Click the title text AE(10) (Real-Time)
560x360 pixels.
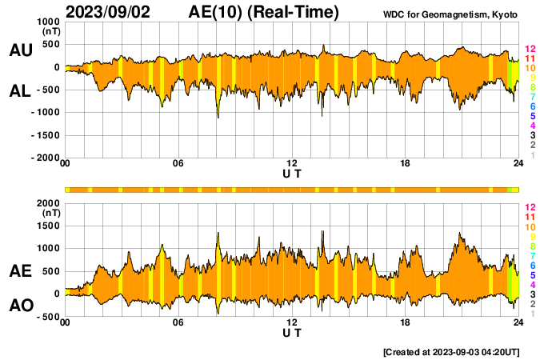(x=264, y=12)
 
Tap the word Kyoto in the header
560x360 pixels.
(x=503, y=15)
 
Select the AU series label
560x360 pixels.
(x=20, y=50)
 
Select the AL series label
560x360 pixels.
(x=20, y=91)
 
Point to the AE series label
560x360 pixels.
(x=20, y=271)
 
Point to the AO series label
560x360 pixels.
(x=20, y=306)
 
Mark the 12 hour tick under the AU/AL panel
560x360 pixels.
(x=292, y=165)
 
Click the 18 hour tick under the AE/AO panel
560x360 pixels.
(x=406, y=323)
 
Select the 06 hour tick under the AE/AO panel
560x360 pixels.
(x=178, y=323)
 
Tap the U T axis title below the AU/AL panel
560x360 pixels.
(x=292, y=174)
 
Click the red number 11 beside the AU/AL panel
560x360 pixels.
(x=530, y=59)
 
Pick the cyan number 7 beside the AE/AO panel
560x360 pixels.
(x=530, y=255)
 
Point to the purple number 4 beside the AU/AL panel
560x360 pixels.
(x=530, y=126)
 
